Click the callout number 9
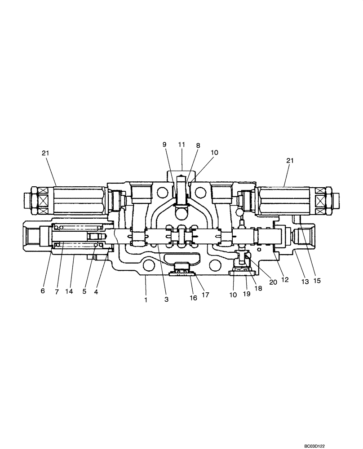pyautogui.click(x=164, y=145)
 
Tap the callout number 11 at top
pyautogui.click(x=181, y=145)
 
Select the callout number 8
pyautogui.click(x=198, y=145)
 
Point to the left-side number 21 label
pyautogui.click(x=45, y=153)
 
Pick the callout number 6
pyautogui.click(x=43, y=291)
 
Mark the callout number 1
pyautogui.click(x=146, y=299)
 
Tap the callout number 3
pyautogui.click(x=166, y=299)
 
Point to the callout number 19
pyautogui.click(x=247, y=294)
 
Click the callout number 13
pyautogui.click(x=305, y=282)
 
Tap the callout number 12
pyautogui.click(x=285, y=280)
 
